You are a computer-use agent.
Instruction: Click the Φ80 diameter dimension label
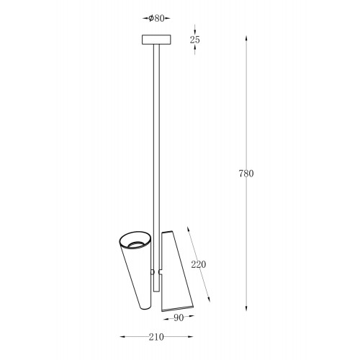(156, 18)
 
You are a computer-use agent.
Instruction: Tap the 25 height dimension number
(194, 40)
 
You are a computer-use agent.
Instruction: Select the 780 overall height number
(246, 174)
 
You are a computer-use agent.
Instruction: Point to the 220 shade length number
(199, 264)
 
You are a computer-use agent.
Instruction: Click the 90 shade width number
(179, 318)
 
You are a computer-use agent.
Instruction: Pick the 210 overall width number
(156, 337)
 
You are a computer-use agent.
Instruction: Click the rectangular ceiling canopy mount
(156, 40)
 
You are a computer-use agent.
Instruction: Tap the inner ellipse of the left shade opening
(137, 243)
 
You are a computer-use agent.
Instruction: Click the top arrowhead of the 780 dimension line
(246, 39)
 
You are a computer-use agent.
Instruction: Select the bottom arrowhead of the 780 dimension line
(246, 307)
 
